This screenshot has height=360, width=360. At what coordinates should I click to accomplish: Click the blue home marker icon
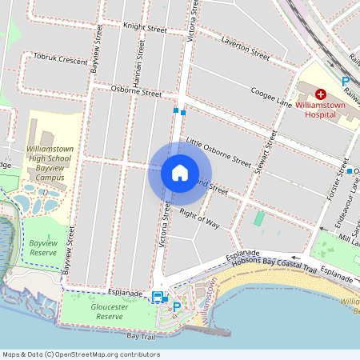coord(180,172)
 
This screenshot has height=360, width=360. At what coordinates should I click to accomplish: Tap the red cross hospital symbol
coord(321,94)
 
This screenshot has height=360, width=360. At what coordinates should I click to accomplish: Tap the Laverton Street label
coord(246,46)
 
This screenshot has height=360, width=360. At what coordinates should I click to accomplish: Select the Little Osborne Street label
coord(218,152)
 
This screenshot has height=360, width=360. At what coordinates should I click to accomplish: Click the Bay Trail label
coord(133,338)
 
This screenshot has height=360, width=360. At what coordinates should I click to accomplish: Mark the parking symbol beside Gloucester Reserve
coord(177,306)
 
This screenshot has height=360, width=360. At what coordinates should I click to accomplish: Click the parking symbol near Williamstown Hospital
coord(346,82)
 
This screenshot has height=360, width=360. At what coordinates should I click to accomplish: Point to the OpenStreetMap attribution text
coord(81,354)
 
